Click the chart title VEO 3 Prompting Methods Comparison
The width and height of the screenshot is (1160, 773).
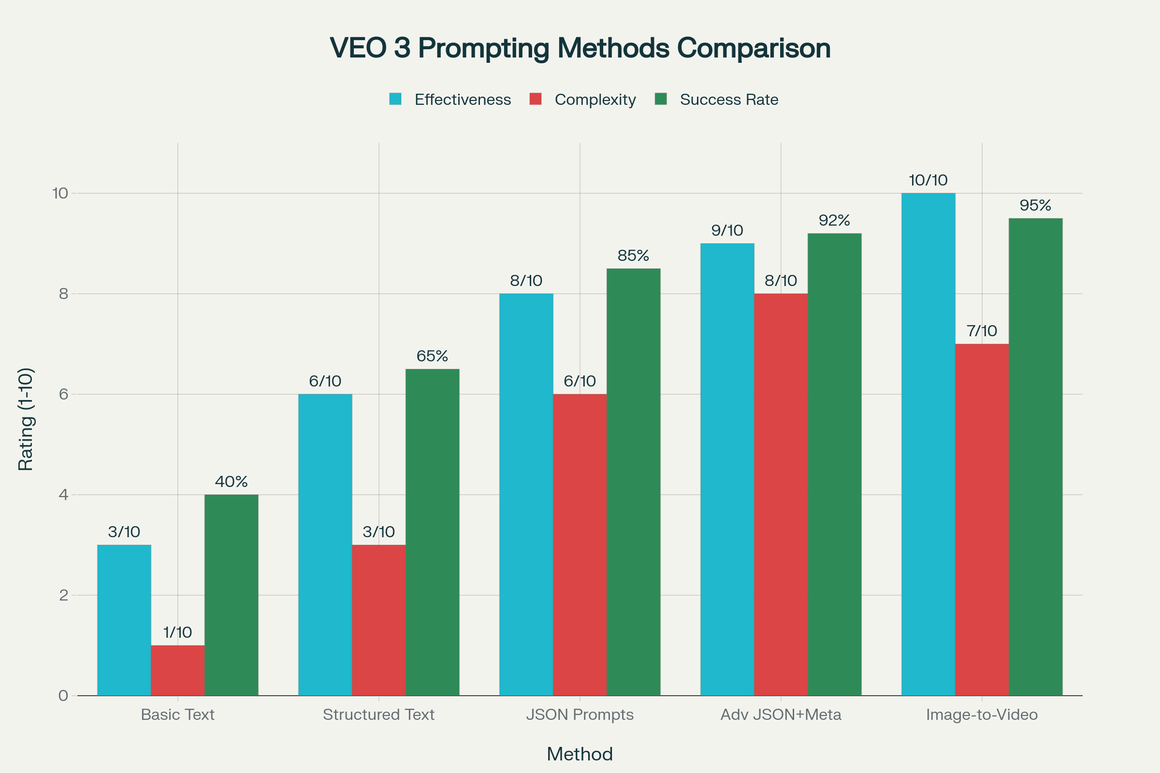click(x=580, y=48)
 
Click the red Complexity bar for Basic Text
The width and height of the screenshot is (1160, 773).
click(x=177, y=671)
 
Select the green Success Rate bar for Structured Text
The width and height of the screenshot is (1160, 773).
click(x=432, y=532)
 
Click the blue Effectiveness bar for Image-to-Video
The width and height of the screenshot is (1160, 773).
click(x=928, y=444)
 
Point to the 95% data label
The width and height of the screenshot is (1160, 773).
click(x=1035, y=205)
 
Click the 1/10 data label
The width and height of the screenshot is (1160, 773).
click(x=177, y=632)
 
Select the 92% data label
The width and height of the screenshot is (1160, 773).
click(x=834, y=220)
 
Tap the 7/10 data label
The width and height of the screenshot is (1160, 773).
click(x=982, y=331)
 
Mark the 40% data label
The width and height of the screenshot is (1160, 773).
click(x=232, y=482)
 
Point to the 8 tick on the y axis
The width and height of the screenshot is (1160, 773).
click(x=64, y=294)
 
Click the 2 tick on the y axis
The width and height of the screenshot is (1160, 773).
click(x=64, y=596)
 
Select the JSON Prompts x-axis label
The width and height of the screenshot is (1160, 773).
click(x=580, y=715)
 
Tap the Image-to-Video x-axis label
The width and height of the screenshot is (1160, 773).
click(x=982, y=715)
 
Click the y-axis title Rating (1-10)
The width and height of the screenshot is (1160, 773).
click(x=26, y=419)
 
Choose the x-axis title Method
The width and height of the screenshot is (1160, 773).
click(x=580, y=754)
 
